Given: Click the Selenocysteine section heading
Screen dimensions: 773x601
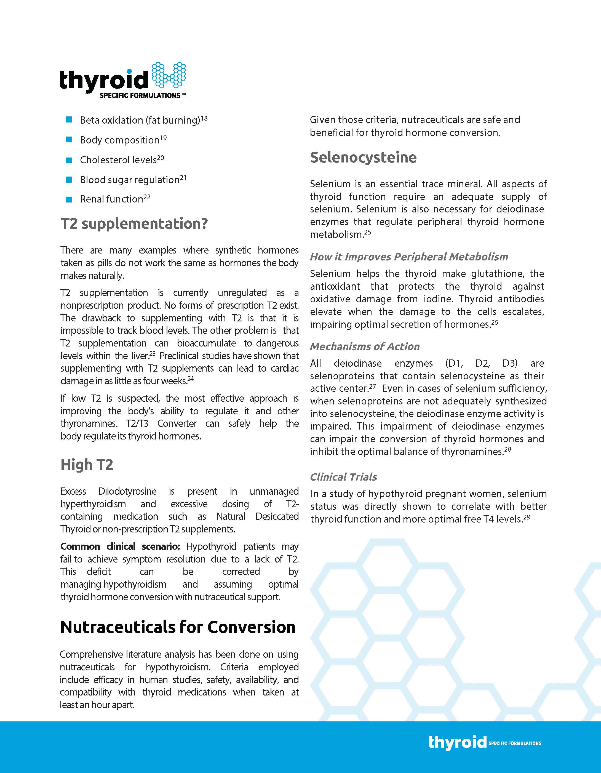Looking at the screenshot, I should (x=363, y=158).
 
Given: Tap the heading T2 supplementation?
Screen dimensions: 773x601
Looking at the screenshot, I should (x=134, y=224).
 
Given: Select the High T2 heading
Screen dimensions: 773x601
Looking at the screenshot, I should (x=87, y=465).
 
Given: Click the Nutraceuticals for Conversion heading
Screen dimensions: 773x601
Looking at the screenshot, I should (x=178, y=627).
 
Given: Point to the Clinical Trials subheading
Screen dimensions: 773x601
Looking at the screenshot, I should (x=343, y=477).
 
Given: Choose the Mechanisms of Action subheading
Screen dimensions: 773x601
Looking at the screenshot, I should (x=365, y=346).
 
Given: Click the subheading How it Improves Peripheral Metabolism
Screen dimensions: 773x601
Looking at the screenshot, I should (x=409, y=257).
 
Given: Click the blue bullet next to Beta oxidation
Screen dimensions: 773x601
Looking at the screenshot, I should (x=69, y=120).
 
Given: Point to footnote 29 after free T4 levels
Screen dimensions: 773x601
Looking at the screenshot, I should (x=527, y=517).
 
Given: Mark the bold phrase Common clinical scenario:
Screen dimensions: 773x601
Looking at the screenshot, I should (x=120, y=547).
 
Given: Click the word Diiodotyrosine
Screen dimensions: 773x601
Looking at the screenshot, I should (x=127, y=491).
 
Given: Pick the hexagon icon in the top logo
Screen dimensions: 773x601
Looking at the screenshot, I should (x=169, y=75).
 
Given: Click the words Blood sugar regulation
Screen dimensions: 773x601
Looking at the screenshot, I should (x=130, y=180).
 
